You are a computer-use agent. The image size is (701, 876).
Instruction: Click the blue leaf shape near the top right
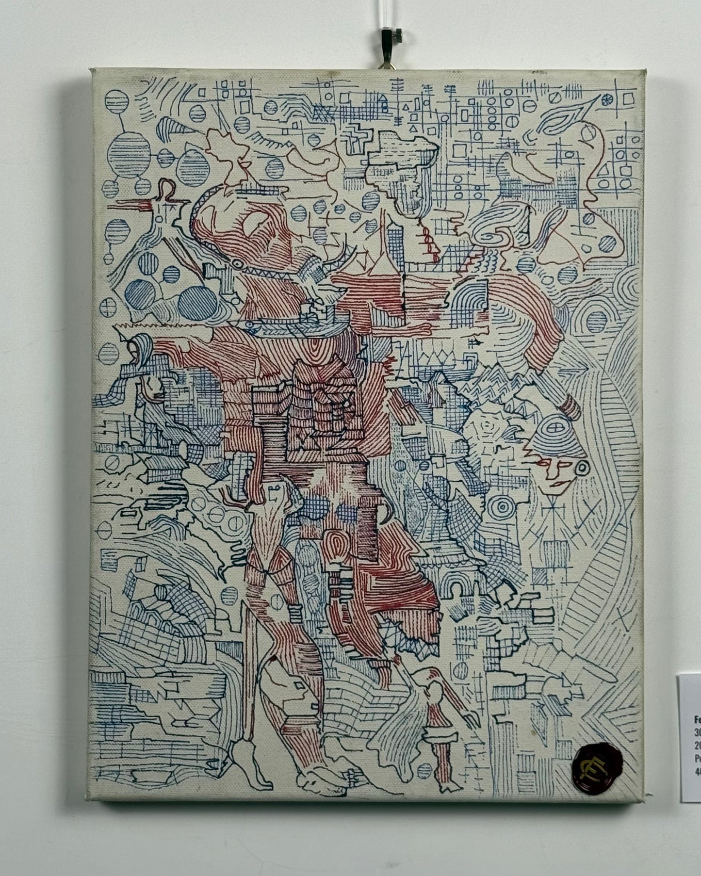563,118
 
